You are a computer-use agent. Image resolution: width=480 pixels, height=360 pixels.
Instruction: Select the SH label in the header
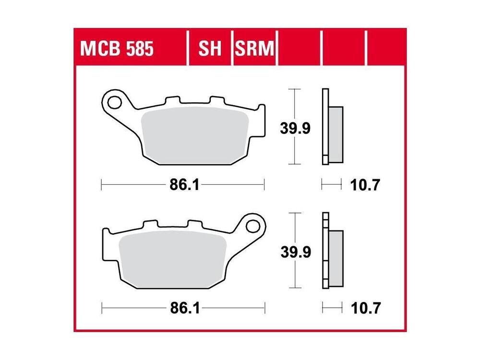click(x=210, y=48)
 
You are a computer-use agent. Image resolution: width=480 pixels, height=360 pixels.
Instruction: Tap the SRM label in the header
click(x=254, y=48)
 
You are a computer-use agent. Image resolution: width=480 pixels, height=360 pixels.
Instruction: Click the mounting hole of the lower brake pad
click(x=253, y=225)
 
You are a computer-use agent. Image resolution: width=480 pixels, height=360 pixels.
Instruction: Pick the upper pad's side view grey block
click(x=336, y=134)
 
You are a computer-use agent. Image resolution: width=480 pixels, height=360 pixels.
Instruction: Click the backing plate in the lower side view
click(x=325, y=250)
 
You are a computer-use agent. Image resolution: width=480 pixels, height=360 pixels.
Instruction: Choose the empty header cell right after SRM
click(x=300, y=48)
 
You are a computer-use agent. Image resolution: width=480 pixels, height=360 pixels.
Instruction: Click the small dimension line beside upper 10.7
click(x=331, y=183)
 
